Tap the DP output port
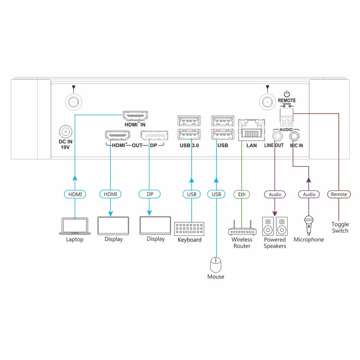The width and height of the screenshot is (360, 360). point(154,135)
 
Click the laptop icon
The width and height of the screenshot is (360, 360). point(75,226)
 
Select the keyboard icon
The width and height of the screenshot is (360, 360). point(189,229)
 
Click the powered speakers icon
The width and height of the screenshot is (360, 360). point(274,226)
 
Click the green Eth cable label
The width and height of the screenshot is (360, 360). point(241,194)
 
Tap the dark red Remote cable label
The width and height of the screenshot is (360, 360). point(339,194)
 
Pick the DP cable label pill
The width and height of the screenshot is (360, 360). point(149,194)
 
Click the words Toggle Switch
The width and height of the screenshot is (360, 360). point(340,228)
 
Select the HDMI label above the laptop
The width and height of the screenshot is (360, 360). point(75,194)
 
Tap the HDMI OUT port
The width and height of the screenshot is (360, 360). point(117,135)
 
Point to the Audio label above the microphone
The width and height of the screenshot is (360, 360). point(309,194)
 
